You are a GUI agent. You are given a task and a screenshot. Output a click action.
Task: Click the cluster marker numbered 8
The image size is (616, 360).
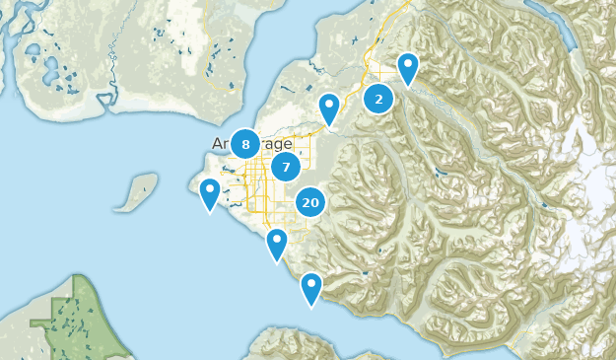245,144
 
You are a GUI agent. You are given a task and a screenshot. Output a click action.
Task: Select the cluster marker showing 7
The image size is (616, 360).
286,167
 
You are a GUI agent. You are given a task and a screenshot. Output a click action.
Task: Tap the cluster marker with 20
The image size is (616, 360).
311,203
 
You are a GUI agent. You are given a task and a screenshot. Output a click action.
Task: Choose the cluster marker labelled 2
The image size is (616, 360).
378,99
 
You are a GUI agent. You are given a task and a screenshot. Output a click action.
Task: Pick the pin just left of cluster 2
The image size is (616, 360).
329,108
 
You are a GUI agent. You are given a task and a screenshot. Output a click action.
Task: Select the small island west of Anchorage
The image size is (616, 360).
136,192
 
